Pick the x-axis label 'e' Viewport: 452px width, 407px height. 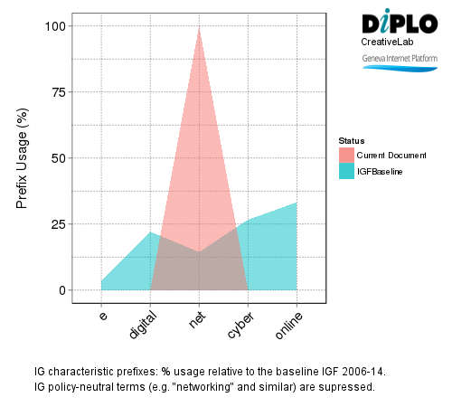pyautogui.click(x=103, y=316)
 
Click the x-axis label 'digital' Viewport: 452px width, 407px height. pyautogui.click(x=144, y=324)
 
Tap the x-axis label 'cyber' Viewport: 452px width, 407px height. pyautogui.click(x=241, y=323)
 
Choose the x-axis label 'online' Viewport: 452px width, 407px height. pyautogui.click(x=289, y=324)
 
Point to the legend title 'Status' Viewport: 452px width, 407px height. pyautogui.click(x=351, y=141)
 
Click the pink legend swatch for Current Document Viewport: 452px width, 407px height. pyautogui.click(x=346, y=156)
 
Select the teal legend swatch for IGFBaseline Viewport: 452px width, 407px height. pyautogui.click(x=346, y=171)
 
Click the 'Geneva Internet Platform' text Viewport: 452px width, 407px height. pyautogui.click(x=399, y=58)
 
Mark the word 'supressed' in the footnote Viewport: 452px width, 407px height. pyautogui.click(x=344, y=387)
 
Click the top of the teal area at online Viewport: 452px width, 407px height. pyautogui.click(x=297, y=203)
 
